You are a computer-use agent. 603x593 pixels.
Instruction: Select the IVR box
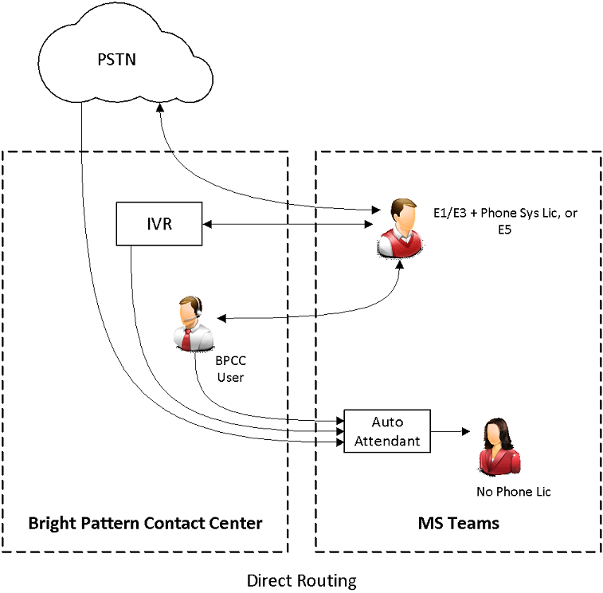pos(158,223)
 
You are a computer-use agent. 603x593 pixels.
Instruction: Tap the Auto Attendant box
pos(386,431)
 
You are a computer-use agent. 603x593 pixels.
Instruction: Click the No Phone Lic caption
pos(513,491)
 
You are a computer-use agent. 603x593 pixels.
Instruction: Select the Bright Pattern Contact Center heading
pos(145,524)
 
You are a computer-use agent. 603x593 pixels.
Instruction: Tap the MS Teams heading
pos(458,524)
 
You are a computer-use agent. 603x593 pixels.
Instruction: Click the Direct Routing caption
pos(301,580)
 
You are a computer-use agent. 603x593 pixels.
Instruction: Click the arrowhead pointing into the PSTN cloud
pos(162,117)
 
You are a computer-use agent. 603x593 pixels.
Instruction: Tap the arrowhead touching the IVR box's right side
pos(205,224)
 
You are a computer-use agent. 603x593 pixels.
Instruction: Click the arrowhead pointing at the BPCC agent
pos(221,319)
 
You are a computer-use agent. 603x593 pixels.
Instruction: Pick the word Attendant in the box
pos(387,440)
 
